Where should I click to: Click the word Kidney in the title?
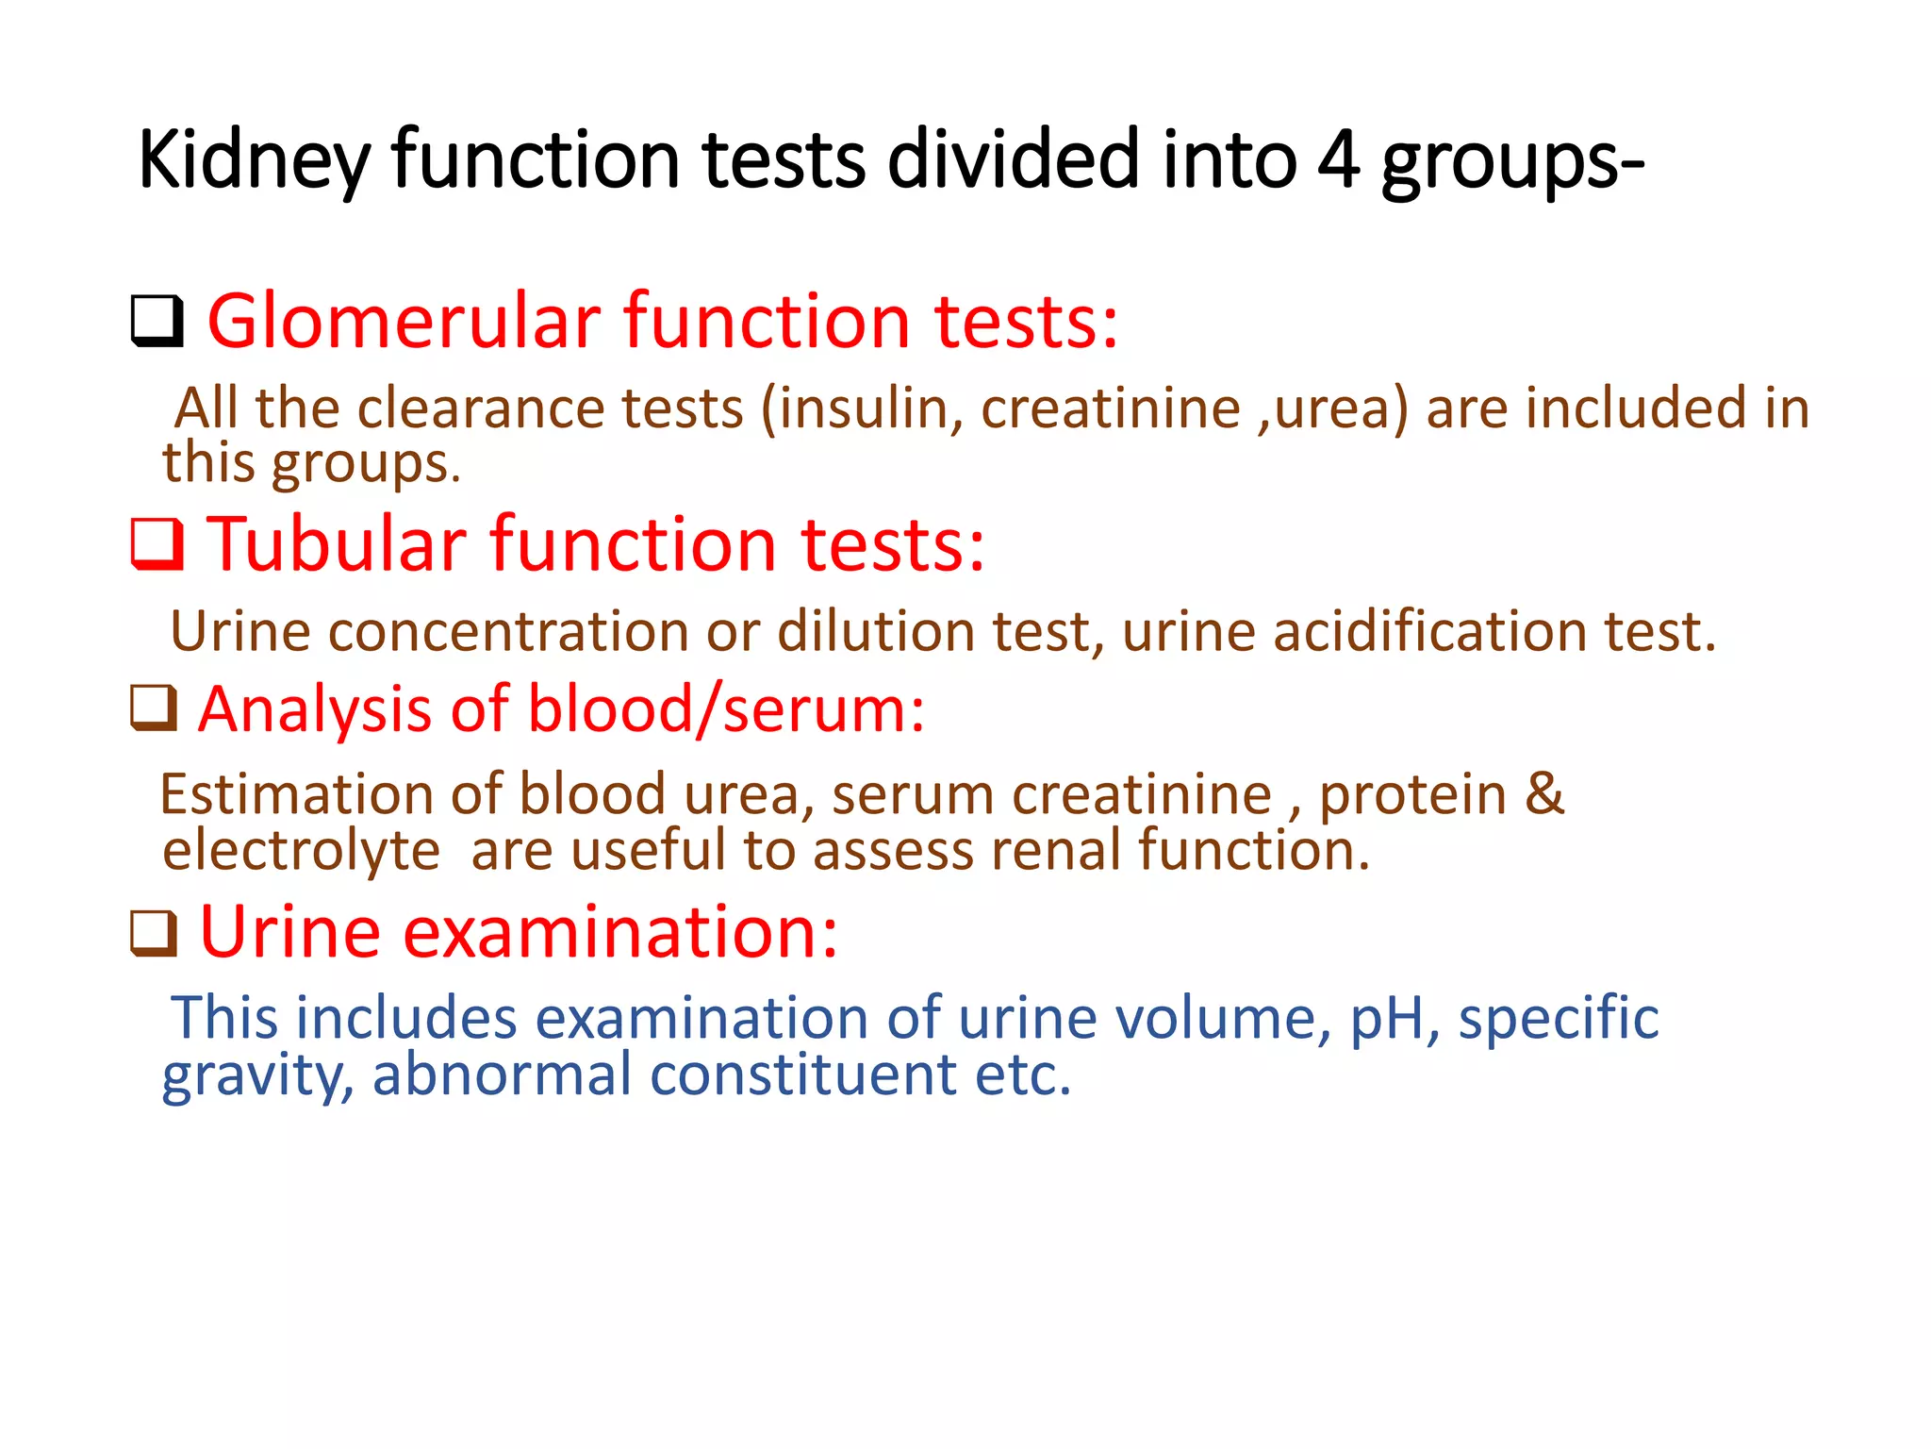253,160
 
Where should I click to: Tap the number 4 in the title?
1338,160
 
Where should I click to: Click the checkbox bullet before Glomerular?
157,322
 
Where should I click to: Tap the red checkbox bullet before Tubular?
157,544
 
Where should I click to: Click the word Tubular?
337,544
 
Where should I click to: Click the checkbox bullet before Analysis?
154,708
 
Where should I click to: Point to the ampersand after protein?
1544,793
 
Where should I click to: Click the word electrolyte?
301,850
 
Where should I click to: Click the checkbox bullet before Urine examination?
154,933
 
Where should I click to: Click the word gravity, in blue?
257,1075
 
